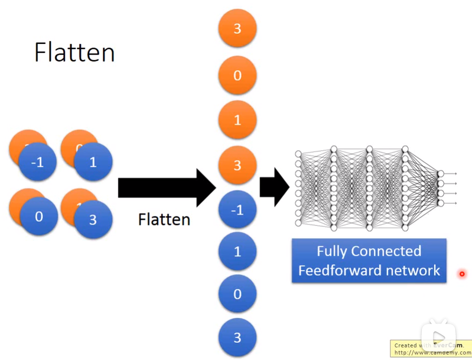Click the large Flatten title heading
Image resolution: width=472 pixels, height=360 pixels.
tap(74, 53)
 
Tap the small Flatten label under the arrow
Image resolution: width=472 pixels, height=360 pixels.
tap(164, 219)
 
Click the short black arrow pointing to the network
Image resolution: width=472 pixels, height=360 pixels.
tap(274, 188)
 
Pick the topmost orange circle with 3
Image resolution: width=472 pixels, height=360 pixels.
tap(237, 28)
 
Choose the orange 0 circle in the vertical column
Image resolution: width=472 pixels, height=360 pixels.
tap(237, 75)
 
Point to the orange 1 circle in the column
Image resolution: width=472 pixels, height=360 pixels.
tap(237, 120)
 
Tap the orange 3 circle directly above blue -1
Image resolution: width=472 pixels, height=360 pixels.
tap(237, 165)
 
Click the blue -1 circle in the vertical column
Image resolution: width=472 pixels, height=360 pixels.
tap(237, 210)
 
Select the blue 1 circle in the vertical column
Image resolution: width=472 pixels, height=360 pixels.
tap(237, 251)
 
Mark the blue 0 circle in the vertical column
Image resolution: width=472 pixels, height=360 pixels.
tap(237, 294)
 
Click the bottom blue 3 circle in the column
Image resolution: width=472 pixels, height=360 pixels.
tap(237, 337)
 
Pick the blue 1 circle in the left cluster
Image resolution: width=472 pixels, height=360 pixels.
tap(93, 163)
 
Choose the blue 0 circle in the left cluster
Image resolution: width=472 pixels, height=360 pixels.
tap(39, 217)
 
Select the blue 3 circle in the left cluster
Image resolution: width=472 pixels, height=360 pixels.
tap(93, 219)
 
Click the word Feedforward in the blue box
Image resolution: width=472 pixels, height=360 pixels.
tap(334, 270)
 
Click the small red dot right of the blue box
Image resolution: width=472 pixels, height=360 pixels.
tap(461, 274)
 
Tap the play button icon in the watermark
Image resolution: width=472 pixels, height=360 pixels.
tap(439, 337)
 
